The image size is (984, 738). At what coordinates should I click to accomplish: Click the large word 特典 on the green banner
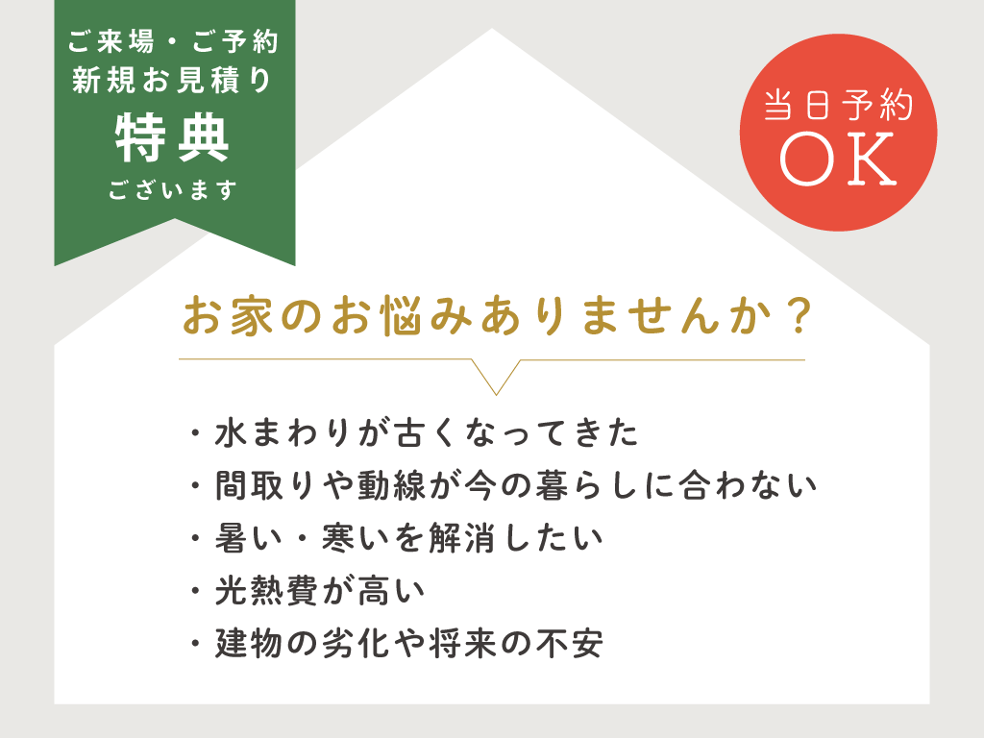point(172,138)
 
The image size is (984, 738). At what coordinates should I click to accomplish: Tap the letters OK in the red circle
point(838,159)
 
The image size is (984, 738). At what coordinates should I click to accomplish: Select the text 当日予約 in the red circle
point(838,105)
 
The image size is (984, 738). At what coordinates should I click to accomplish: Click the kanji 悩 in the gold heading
point(401,315)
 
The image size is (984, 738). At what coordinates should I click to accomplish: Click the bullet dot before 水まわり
point(196,433)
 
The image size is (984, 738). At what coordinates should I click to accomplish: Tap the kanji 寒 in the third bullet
point(339,538)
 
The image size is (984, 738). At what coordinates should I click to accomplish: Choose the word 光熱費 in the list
point(267,591)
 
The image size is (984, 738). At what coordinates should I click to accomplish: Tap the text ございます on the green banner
point(173,189)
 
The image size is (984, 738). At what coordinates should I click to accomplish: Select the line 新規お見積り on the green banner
point(171,81)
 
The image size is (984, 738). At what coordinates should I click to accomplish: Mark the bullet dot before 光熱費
point(196,591)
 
